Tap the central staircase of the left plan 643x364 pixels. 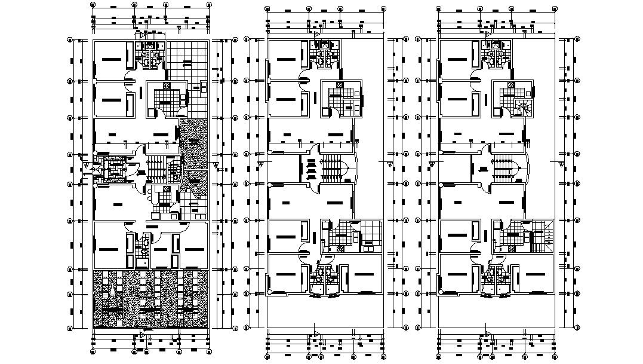(x=156, y=169)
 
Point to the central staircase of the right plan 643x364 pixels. (x=501, y=169)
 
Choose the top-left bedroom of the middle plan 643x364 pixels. (x=288, y=60)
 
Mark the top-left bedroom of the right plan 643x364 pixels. (x=459, y=60)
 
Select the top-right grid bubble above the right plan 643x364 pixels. (x=555, y=10)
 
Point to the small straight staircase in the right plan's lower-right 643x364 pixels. (x=545, y=239)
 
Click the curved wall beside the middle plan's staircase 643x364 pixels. (x=358, y=168)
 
